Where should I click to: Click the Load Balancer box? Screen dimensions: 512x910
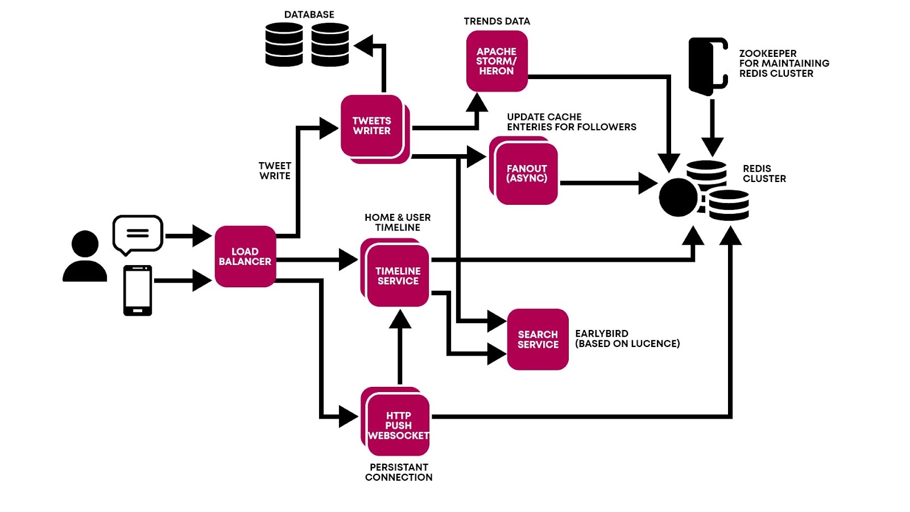coord(245,257)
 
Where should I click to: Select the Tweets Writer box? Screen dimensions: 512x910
coord(372,126)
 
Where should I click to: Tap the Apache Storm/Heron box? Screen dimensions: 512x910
coord(497,61)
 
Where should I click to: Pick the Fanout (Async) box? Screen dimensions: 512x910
coord(527,174)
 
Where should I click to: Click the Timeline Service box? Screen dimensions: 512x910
coord(398,276)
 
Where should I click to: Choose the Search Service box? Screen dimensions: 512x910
coord(537,340)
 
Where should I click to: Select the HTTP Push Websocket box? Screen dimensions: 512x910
coord(398,426)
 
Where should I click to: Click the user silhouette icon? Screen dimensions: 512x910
coord(85,257)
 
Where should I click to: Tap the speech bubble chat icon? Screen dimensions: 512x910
coord(138,234)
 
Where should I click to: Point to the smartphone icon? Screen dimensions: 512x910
coord(138,290)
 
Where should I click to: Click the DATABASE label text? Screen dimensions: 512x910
coord(309,15)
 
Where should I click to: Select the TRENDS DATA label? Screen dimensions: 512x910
coord(497,22)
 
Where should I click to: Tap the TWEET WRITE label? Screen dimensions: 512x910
coord(275,171)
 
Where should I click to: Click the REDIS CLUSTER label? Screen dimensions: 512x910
coord(764,174)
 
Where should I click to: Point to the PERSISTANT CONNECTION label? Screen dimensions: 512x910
coord(399,472)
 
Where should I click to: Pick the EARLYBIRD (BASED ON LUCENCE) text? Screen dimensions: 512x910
coord(627,338)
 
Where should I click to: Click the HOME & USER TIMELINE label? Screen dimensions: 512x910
coord(398,222)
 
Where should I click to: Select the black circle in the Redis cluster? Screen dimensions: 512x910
coord(678,197)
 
